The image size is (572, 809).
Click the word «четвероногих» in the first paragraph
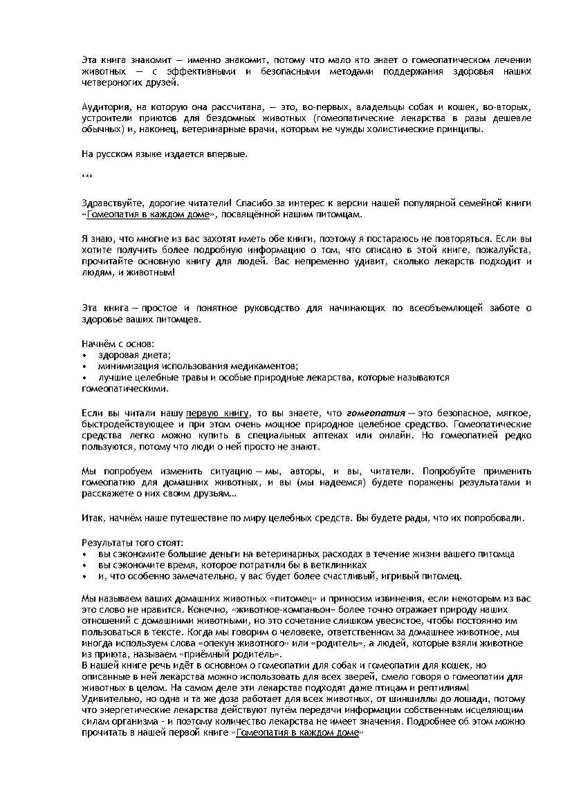(x=113, y=84)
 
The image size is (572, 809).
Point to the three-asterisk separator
(x=86, y=178)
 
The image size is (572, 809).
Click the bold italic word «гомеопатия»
(x=376, y=413)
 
